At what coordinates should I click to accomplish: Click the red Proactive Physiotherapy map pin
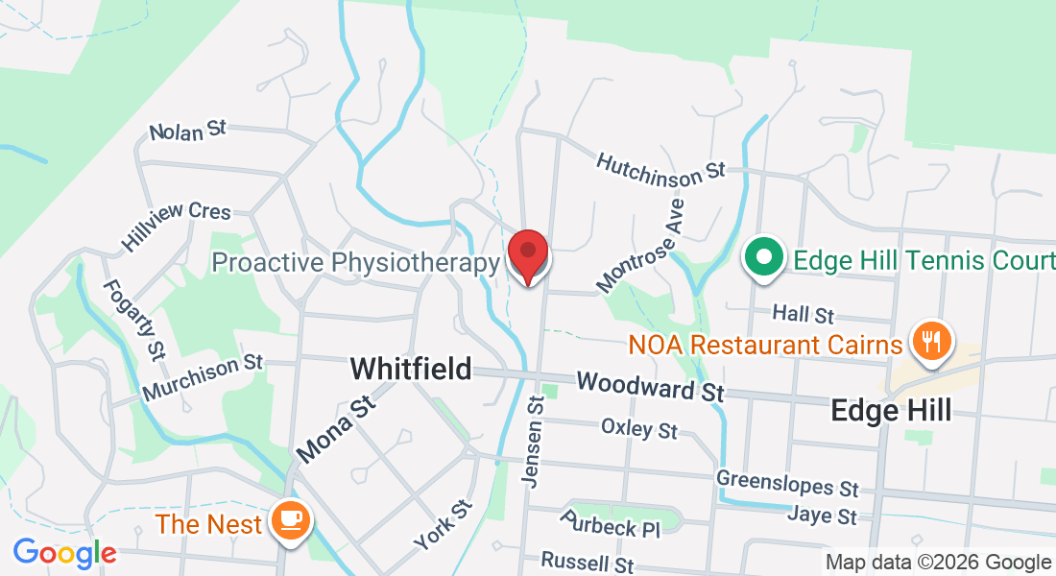528,255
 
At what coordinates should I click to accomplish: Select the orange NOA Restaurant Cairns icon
929,341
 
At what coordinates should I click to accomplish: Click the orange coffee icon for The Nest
290,521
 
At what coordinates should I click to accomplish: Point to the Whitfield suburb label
411,369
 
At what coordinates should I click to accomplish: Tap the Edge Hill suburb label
891,411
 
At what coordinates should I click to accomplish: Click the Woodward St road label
650,387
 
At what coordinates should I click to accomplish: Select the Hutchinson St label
660,166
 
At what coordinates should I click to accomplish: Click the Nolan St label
187,132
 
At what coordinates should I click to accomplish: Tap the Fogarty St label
129,320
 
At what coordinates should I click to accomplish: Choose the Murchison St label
202,378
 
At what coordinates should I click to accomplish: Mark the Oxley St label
639,427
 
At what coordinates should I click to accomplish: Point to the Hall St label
804,314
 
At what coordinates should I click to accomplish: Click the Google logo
64,553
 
